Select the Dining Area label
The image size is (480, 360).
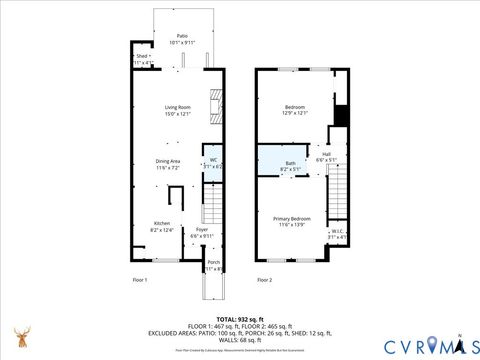coord(167,164)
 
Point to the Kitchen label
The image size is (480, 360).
coord(161,226)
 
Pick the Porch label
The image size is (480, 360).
coord(212,266)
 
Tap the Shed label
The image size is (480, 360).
coord(142,59)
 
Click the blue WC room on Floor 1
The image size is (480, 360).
coord(212,163)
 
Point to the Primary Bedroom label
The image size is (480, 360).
coord(294,222)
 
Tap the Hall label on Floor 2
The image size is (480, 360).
coord(327,156)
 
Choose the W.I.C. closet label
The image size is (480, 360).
coord(338,234)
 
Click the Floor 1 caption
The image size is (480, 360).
coord(139,279)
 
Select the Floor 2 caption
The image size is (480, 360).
coord(264,279)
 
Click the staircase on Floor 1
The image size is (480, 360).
coord(213,205)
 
